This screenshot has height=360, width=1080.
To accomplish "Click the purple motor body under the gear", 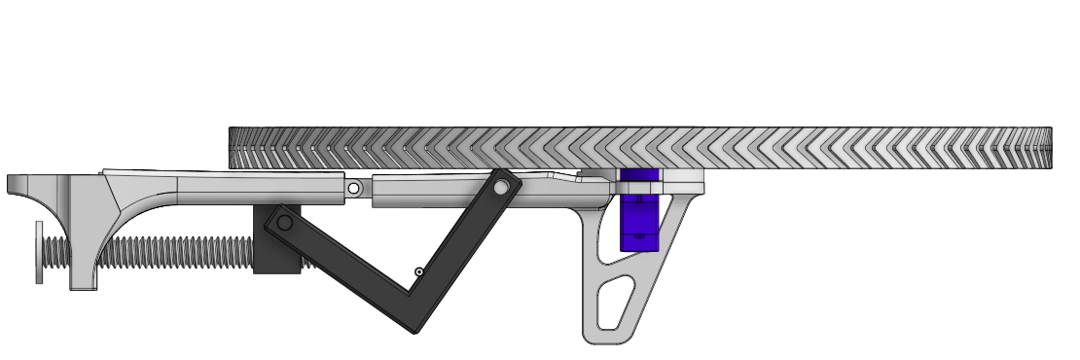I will (x=639, y=222).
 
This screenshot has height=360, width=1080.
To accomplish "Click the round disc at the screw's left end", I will (x=39, y=252).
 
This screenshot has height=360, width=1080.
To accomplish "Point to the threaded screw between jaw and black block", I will (x=175, y=252).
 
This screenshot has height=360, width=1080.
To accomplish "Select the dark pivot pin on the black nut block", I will (x=284, y=223).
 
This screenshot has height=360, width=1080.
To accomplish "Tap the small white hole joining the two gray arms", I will (x=354, y=187).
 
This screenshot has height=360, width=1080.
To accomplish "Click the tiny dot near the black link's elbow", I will (x=418, y=272).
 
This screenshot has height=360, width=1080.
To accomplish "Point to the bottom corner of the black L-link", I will (x=415, y=327).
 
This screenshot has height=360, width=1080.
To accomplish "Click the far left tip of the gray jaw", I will (x=12, y=183).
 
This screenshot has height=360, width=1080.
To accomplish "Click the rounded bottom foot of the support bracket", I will (x=603, y=337).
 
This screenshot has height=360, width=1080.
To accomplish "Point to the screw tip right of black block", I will (x=307, y=261).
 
